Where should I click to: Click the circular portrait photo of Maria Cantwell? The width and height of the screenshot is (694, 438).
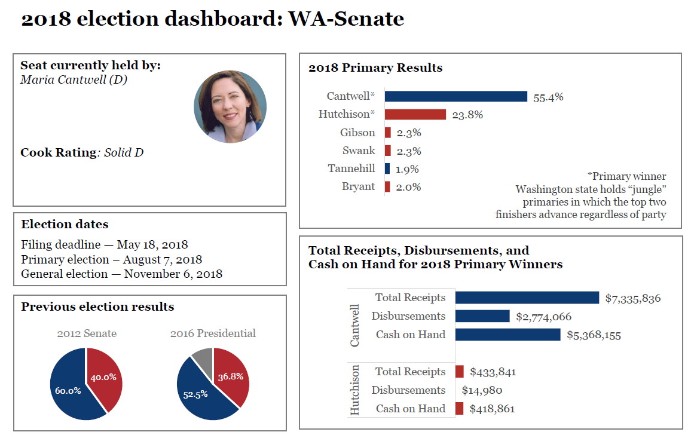[x=230, y=107]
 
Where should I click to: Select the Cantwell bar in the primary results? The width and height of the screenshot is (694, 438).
[x=455, y=97]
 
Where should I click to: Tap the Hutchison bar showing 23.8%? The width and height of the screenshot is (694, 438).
[x=415, y=115]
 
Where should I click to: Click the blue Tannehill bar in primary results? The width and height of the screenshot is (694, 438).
[x=387, y=169]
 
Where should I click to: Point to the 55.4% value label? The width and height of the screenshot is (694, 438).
[x=548, y=97]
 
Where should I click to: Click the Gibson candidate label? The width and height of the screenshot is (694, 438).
[x=357, y=133]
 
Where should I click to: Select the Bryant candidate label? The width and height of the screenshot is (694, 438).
[x=358, y=186]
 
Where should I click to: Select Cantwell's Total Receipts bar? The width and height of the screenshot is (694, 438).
[x=527, y=298]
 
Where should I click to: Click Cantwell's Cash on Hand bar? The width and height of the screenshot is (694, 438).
[x=507, y=335]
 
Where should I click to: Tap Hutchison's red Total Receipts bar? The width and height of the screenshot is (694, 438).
[x=459, y=372]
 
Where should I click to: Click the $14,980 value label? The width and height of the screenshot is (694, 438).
[x=482, y=391]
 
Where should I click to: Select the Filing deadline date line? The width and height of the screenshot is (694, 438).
[x=105, y=244]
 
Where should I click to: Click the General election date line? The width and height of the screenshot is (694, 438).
[x=121, y=274]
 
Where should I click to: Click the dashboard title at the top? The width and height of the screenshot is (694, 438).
[x=212, y=19]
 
